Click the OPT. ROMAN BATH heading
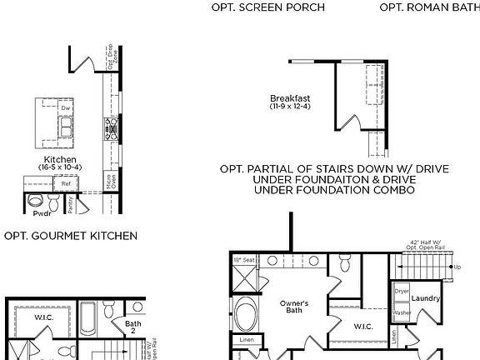point(429,7)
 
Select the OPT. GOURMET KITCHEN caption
point(71,236)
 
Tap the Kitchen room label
point(60,159)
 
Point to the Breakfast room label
point(290,98)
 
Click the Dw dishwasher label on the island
point(65,107)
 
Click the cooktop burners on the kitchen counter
point(109,127)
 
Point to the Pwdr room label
point(42,213)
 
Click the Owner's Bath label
point(293,307)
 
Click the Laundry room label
point(425,297)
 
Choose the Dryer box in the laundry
point(402,292)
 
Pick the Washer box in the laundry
point(402,312)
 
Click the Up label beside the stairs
point(456,267)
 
